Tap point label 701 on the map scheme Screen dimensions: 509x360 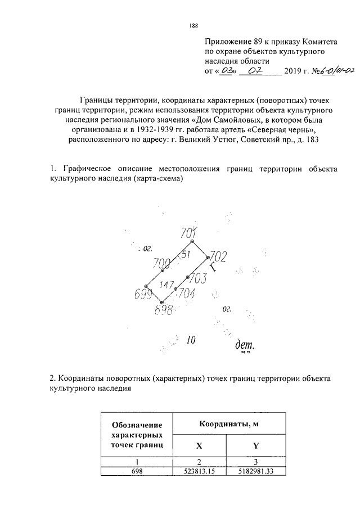(x=188, y=233)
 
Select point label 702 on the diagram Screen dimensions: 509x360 (x=217, y=257)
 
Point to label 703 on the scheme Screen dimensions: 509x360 (x=198, y=278)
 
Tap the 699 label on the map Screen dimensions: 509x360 (x=144, y=294)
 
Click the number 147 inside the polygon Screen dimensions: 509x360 (x=166, y=285)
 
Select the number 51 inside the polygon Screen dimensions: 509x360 (x=185, y=254)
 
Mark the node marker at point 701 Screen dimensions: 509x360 (x=192, y=241)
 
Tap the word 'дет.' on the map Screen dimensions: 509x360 (x=245, y=344)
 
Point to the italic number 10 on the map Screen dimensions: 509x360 (x=191, y=340)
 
